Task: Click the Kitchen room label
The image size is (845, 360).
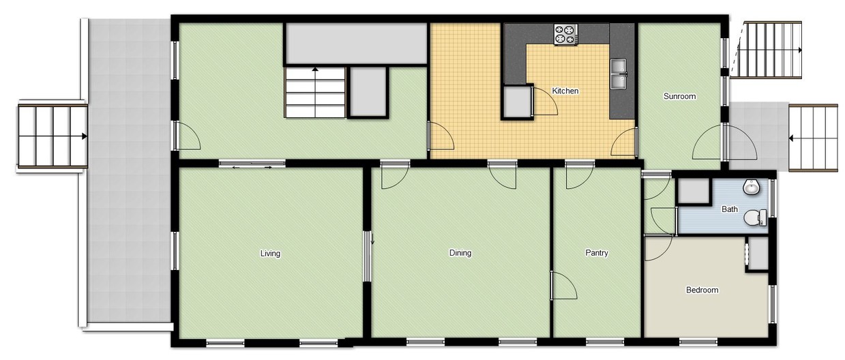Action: tap(565, 91)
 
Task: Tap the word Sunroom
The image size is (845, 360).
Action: tap(679, 96)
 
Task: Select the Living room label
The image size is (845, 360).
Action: tap(270, 254)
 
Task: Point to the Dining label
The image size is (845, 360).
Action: tap(460, 253)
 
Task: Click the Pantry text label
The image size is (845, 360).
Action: tap(596, 253)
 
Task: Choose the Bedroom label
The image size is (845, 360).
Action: tap(702, 290)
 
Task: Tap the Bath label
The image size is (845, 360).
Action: tap(729, 209)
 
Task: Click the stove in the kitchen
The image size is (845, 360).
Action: tap(565, 35)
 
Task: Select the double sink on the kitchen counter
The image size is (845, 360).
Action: tap(619, 74)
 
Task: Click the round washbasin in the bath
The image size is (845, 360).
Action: tap(752, 186)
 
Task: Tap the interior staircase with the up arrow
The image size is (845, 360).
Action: tap(316, 93)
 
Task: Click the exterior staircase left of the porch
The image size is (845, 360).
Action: tap(53, 136)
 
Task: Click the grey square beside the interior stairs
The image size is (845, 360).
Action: tap(368, 93)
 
